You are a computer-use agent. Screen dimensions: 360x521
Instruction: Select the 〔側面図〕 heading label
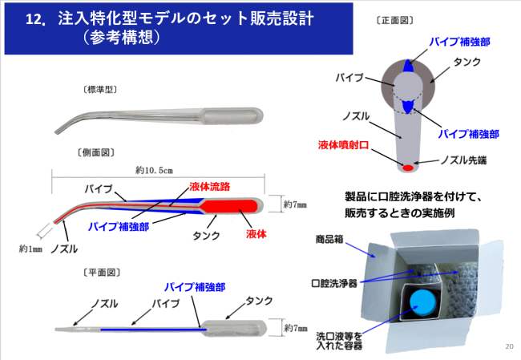95,152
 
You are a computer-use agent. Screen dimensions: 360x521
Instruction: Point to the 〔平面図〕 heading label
100,273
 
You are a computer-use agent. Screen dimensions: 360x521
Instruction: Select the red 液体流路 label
211,187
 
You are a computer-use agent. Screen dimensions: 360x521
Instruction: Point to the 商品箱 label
327,239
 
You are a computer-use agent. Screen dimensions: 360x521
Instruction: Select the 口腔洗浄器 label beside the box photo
334,283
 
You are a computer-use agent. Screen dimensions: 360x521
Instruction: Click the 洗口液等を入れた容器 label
334,341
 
